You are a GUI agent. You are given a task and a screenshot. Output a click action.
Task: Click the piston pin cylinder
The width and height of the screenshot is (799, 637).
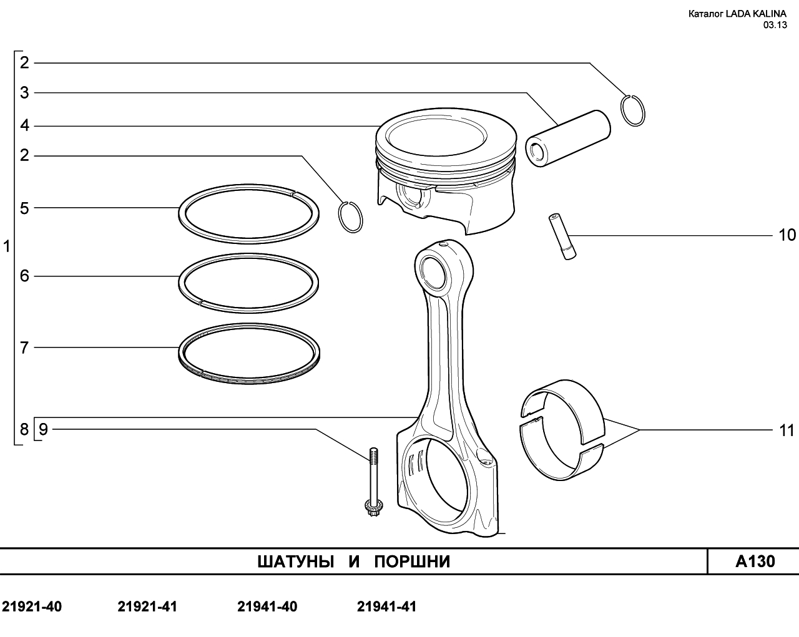(x=568, y=138)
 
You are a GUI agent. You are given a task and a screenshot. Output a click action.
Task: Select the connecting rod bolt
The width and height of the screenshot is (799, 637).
(x=373, y=482)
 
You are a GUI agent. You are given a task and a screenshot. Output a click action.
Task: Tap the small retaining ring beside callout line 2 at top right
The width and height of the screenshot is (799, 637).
(x=633, y=110)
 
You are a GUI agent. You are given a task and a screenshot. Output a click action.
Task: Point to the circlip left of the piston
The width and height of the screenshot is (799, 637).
(x=350, y=217)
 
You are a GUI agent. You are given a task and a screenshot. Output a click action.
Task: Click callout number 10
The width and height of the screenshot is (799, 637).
(x=787, y=235)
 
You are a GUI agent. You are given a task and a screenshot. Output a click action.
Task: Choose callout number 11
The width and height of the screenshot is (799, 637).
(x=787, y=430)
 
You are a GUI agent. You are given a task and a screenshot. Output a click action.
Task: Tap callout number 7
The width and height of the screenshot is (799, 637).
(x=24, y=348)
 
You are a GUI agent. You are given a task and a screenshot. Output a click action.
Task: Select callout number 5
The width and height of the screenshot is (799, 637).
(x=24, y=208)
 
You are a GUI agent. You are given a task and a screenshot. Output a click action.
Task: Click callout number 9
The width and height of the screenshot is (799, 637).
(x=44, y=429)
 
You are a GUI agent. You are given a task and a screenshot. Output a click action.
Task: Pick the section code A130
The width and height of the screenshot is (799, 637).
(x=755, y=562)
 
